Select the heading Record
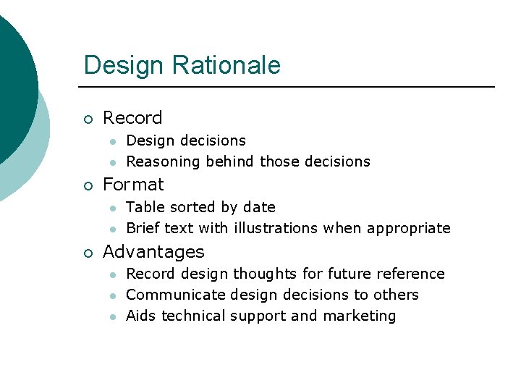tap(132, 118)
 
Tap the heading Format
tap(133, 185)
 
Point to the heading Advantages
tap(153, 252)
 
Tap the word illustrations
tap(276, 229)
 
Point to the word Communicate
tap(175, 295)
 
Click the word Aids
tap(141, 316)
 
